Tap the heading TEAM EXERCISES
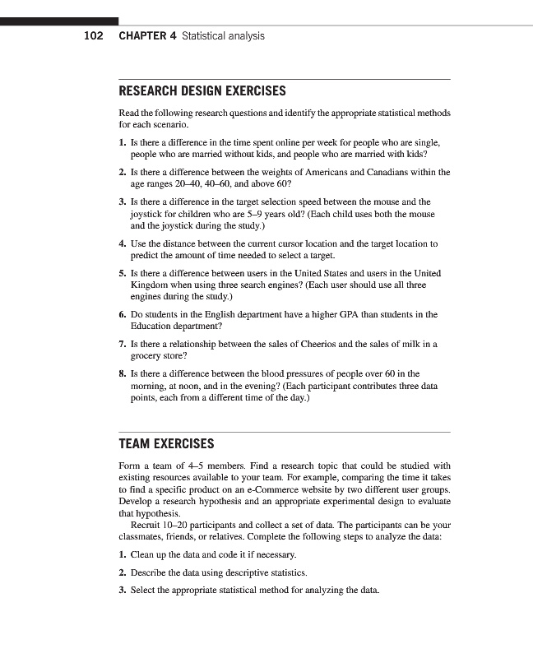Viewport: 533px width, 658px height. (x=166, y=444)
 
